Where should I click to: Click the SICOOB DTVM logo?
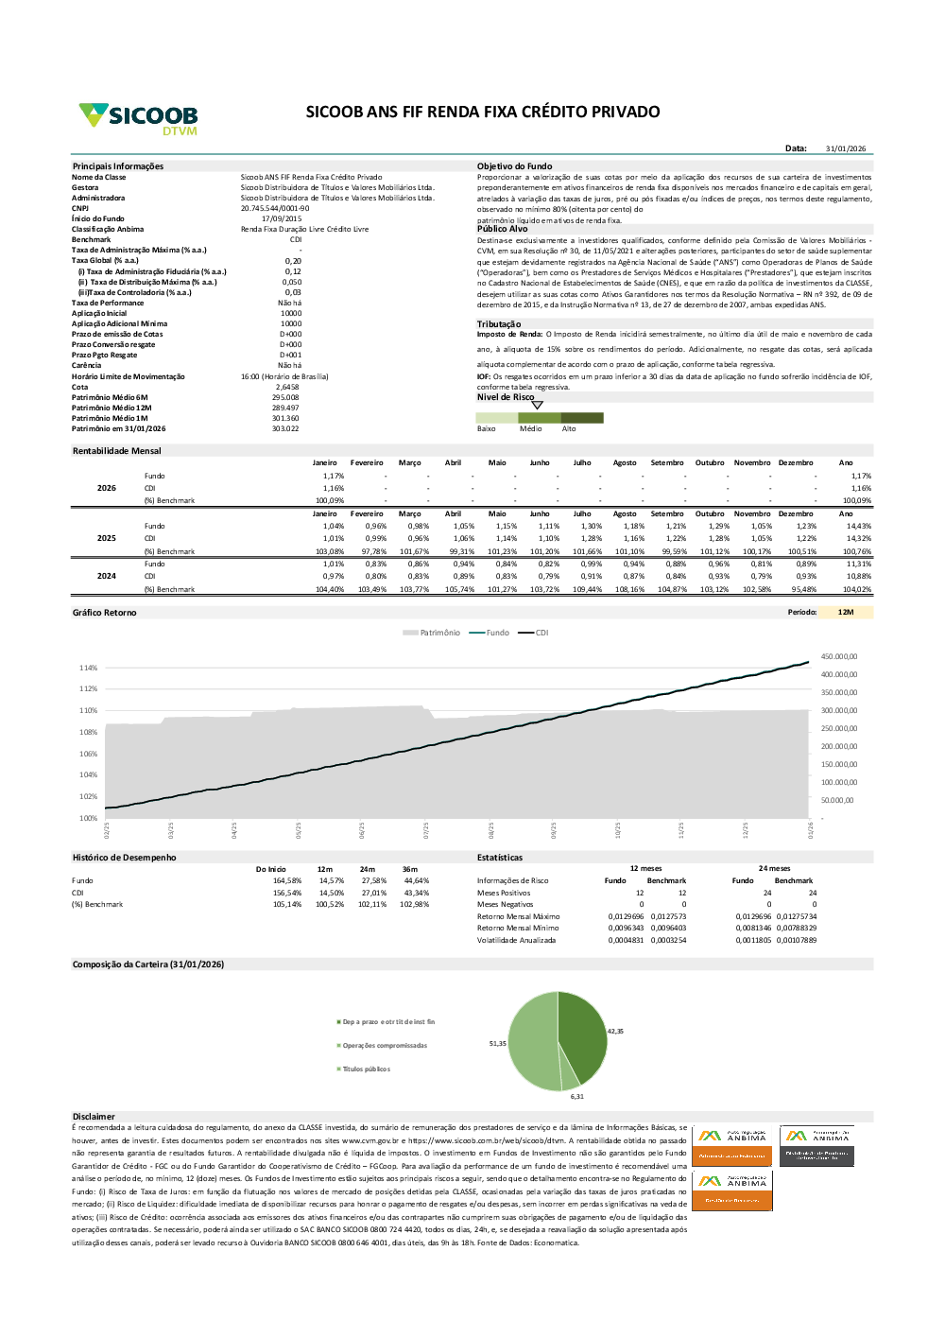pyautogui.click(x=138, y=118)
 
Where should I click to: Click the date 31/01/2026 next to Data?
pyautogui.click(x=845, y=148)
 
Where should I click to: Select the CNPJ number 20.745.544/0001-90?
pyautogui.click(x=274, y=208)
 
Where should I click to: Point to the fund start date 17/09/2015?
pyautogui.click(x=282, y=218)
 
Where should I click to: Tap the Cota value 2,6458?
pyautogui.click(x=287, y=387)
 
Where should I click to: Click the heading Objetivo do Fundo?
pyautogui.click(x=514, y=166)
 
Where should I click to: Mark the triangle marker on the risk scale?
pyautogui.click(x=538, y=405)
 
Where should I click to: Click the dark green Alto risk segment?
pyautogui.click(x=582, y=418)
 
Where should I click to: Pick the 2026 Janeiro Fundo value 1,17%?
pyautogui.click(x=333, y=476)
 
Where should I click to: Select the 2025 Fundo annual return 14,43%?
pyautogui.click(x=858, y=526)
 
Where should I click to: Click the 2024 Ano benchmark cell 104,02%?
pyautogui.click(x=857, y=589)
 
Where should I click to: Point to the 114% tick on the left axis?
pyautogui.click(x=88, y=668)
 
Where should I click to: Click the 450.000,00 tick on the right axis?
pyautogui.click(x=838, y=656)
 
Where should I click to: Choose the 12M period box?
pyautogui.click(x=845, y=612)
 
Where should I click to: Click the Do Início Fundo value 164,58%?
pyautogui.click(x=287, y=880)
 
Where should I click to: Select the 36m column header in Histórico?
pyautogui.click(x=409, y=869)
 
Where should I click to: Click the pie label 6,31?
pyautogui.click(x=576, y=1096)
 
